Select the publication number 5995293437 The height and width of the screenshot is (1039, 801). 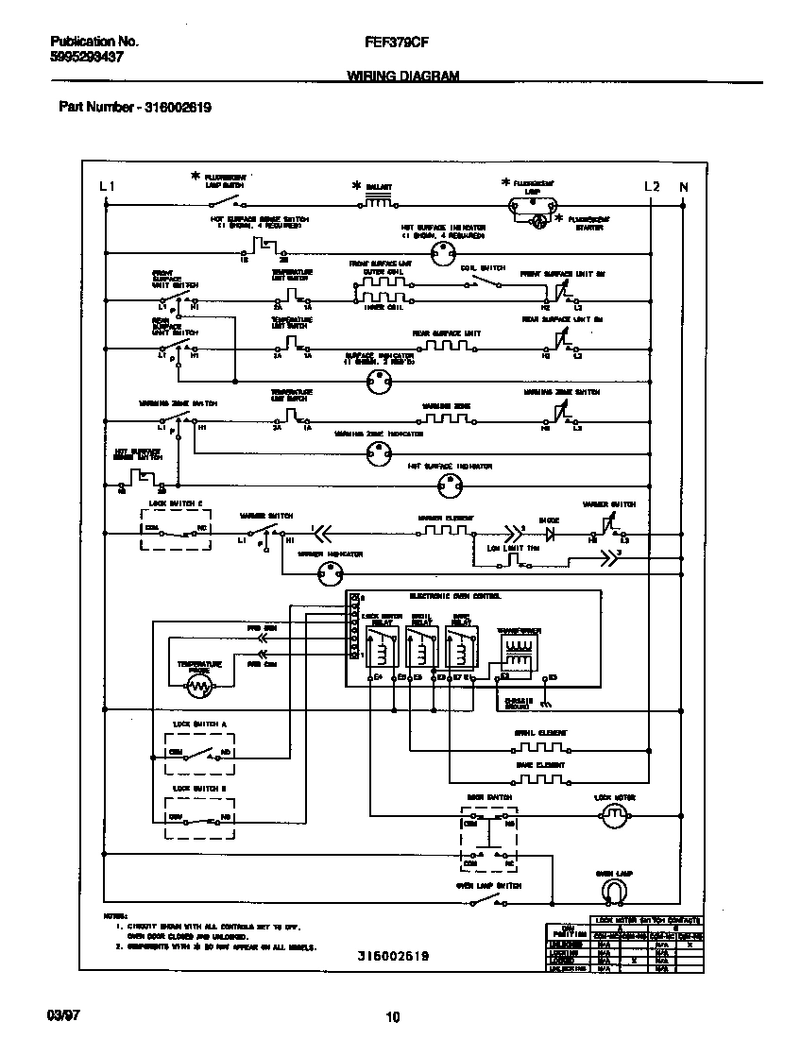coord(86,58)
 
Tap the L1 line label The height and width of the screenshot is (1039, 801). coord(107,187)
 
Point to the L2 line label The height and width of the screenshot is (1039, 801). coord(652,187)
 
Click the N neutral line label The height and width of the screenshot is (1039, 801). coord(684,187)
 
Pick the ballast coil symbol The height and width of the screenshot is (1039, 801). coord(379,202)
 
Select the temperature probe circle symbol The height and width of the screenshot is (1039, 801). coord(198,687)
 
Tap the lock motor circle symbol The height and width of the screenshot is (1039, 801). coord(615,818)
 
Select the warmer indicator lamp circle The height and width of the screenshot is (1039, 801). coord(328,571)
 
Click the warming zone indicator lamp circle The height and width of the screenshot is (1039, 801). coord(378,453)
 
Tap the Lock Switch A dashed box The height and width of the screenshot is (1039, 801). coord(199,753)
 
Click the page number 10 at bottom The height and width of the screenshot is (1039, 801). coord(393,1017)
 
